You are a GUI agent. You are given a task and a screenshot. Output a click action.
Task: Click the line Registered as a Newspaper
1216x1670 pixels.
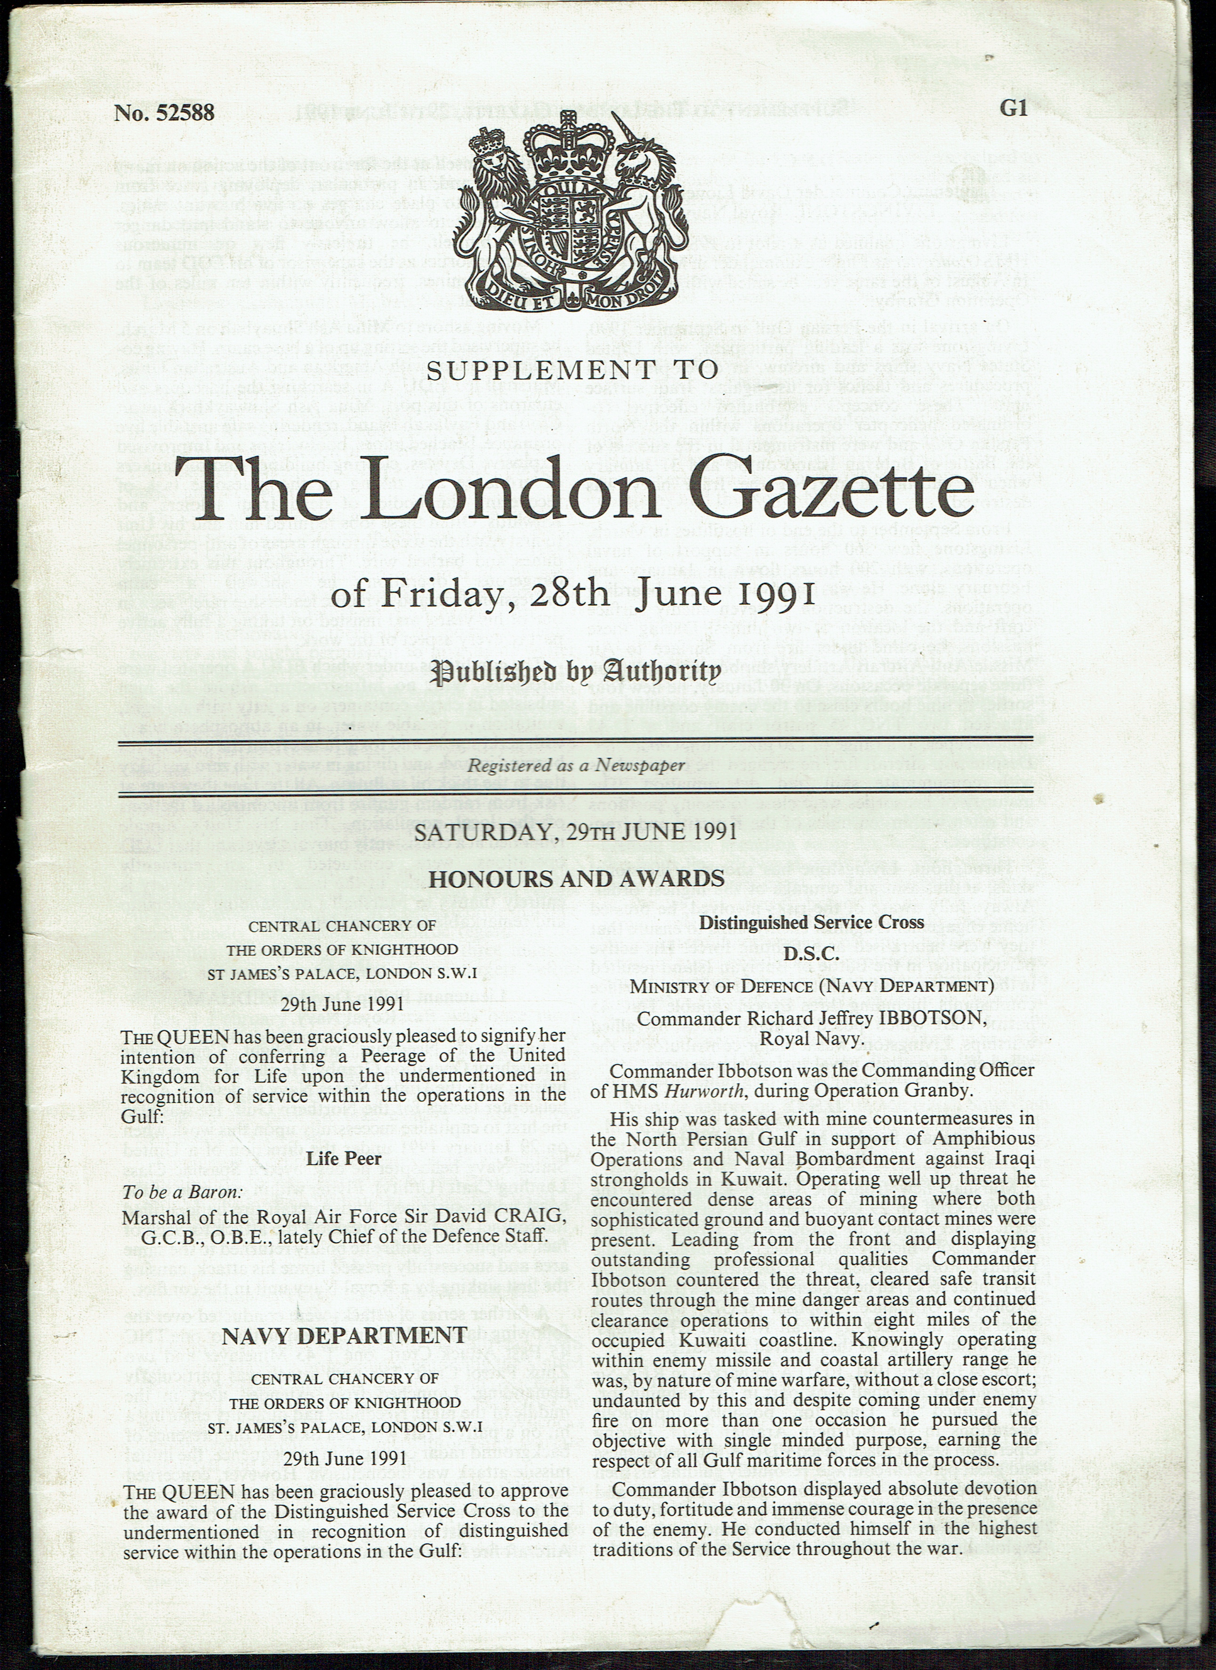coord(577,766)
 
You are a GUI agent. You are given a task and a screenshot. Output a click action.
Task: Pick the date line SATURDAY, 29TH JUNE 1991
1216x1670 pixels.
coord(575,831)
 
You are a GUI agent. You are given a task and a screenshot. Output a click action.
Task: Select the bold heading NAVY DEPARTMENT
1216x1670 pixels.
coord(344,1335)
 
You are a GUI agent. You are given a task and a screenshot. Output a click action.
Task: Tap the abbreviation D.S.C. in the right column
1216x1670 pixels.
coord(811,953)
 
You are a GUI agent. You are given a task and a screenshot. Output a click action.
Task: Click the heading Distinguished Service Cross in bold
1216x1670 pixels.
coord(811,922)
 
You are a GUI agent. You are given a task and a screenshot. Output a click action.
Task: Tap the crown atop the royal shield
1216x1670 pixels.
coord(568,140)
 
